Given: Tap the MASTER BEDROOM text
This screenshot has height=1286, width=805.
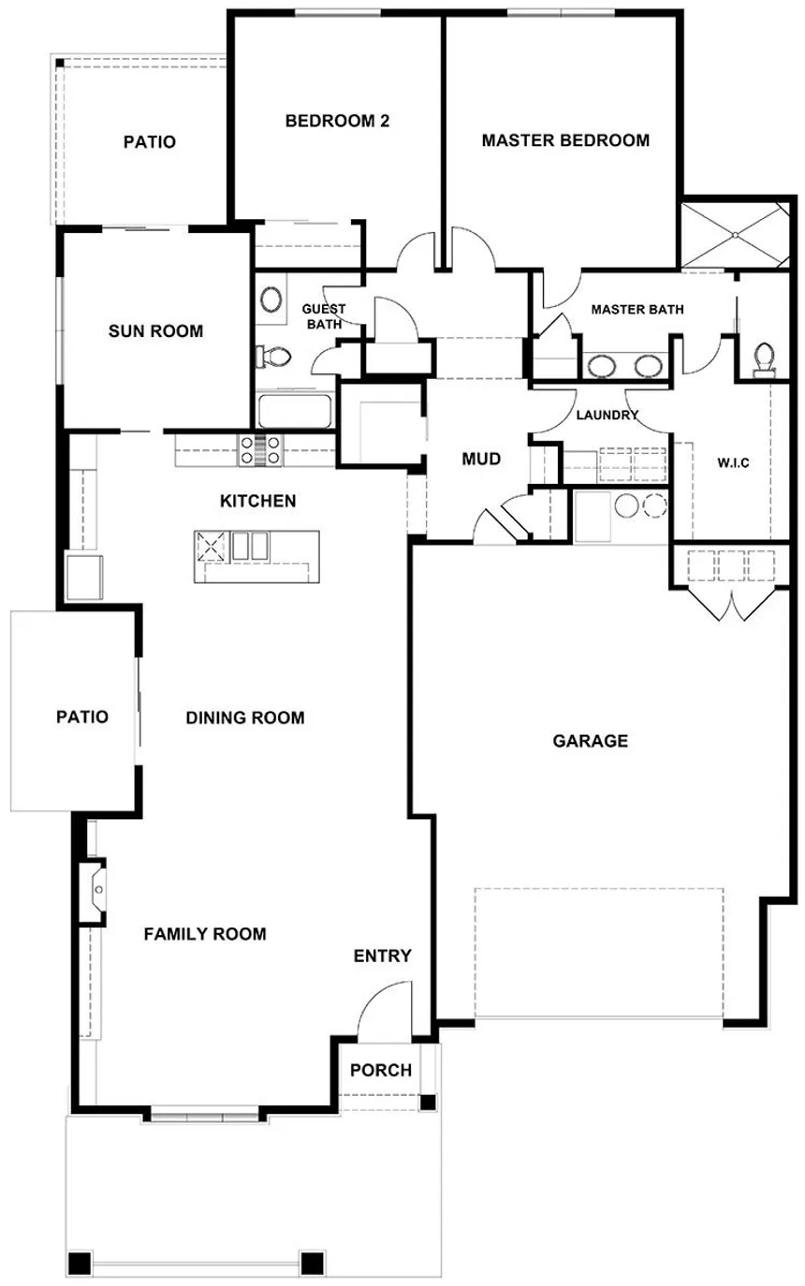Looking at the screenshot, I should point(564,140).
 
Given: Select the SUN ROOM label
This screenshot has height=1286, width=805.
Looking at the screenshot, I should point(155,330).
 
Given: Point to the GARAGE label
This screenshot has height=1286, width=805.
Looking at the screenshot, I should point(590,741).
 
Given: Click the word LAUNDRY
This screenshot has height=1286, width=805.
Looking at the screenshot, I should point(607,415).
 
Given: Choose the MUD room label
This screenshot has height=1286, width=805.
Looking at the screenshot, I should point(482,460).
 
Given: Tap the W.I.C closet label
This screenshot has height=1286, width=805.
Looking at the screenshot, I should point(732,462).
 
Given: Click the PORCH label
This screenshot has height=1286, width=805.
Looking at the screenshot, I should point(380,1070).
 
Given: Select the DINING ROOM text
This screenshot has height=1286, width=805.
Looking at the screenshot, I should point(245,718).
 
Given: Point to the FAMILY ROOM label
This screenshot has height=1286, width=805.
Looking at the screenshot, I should point(205,933).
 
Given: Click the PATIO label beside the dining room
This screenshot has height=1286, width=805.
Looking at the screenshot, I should point(81,717).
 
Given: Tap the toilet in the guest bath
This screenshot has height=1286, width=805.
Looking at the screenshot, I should point(274,356).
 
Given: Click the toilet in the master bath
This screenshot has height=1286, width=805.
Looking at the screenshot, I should point(765,357).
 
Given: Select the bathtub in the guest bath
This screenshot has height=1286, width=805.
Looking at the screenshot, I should point(295,411).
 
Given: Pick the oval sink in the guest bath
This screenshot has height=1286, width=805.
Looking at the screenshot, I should point(271,300).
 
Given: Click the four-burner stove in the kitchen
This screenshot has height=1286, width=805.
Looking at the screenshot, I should point(260,450).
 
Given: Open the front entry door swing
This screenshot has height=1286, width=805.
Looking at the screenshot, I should point(385,1010).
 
